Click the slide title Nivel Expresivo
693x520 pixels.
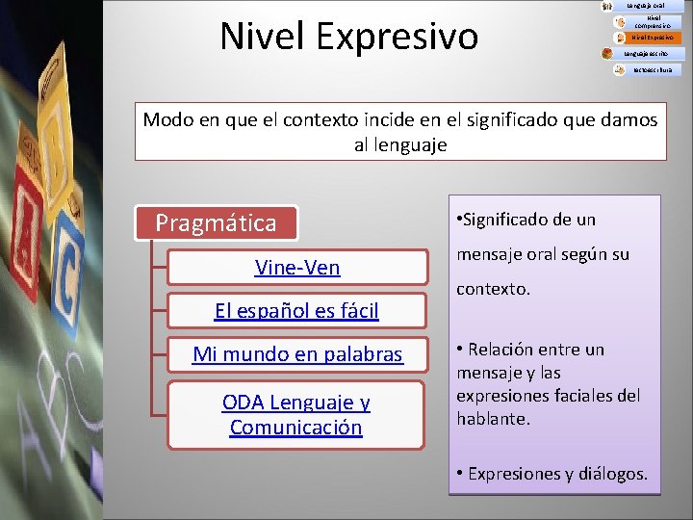[x=348, y=37]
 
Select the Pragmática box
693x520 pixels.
[x=216, y=223]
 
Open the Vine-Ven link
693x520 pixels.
[x=297, y=268]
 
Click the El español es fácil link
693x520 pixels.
[x=296, y=310]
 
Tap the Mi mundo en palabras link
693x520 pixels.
[x=297, y=354]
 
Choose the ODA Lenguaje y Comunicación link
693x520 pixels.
[x=296, y=415]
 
